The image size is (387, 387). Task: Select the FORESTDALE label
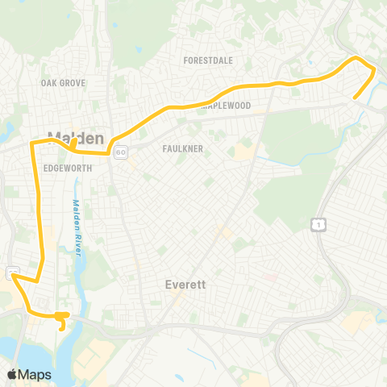208,60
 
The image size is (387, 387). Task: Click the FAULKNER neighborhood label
181,149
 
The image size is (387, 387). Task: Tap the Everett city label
185,285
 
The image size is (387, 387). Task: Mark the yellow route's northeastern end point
355,98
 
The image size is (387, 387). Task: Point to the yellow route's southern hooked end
62,327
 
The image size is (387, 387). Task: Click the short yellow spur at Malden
73,144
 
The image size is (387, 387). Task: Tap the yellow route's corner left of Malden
33,144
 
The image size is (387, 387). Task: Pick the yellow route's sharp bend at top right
374,71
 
